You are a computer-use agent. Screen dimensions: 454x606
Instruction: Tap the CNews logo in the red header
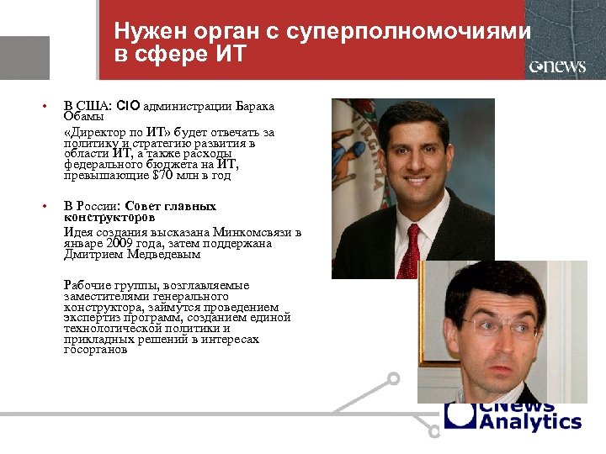pyautogui.click(x=557, y=66)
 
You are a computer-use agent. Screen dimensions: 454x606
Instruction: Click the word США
pyautogui.click(x=93, y=107)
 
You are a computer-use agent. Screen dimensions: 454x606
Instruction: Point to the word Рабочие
pyautogui.click(x=90, y=286)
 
